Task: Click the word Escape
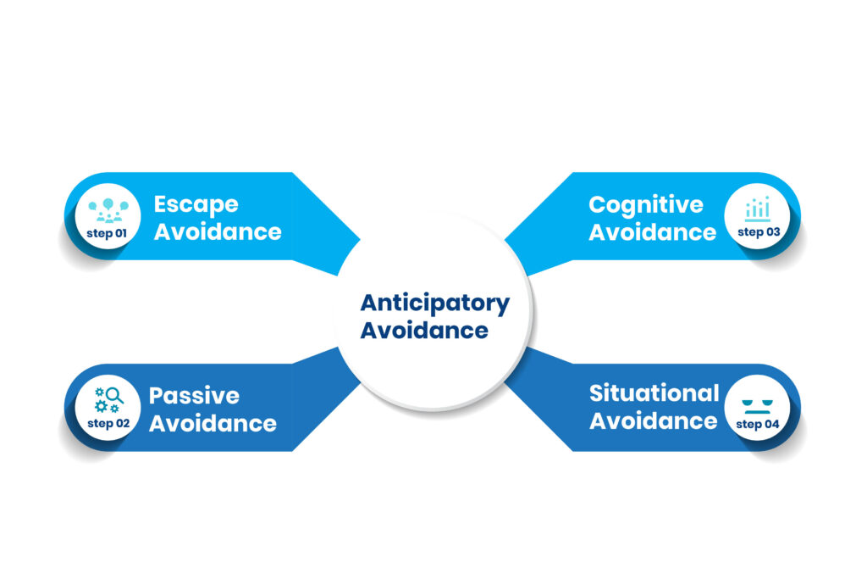(196, 205)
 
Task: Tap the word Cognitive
(646, 205)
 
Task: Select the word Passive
(194, 396)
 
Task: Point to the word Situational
(654, 393)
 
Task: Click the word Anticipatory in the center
(435, 303)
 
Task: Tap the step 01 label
(107, 231)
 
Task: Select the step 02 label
(107, 423)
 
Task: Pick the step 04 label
(757, 424)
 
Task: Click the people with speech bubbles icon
(108, 209)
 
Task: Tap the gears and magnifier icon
(108, 399)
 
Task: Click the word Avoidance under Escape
(217, 231)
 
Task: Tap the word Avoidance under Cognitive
(653, 231)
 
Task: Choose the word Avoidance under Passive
(213, 422)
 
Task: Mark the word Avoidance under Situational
(653, 420)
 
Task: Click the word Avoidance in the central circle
(424, 330)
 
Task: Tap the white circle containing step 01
(108, 220)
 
